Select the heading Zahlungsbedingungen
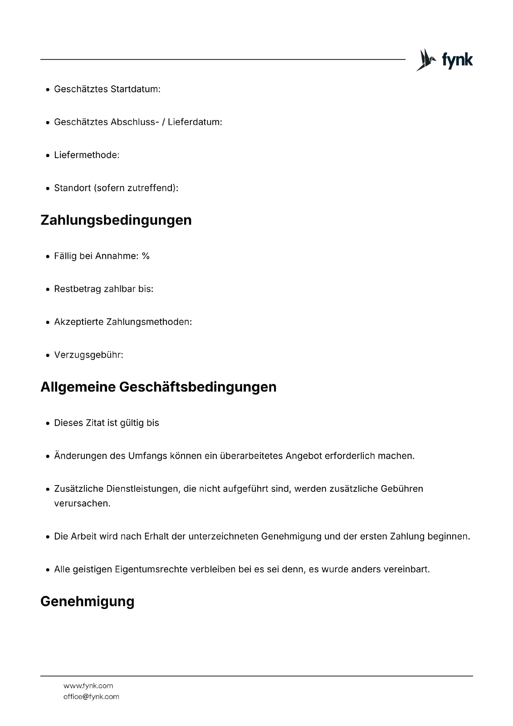116,220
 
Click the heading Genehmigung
88,601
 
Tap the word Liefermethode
86,155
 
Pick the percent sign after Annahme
146,256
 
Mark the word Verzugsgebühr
88,355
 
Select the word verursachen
82,503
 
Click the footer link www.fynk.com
88,686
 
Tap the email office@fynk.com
91,697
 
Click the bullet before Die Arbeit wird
48,537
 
